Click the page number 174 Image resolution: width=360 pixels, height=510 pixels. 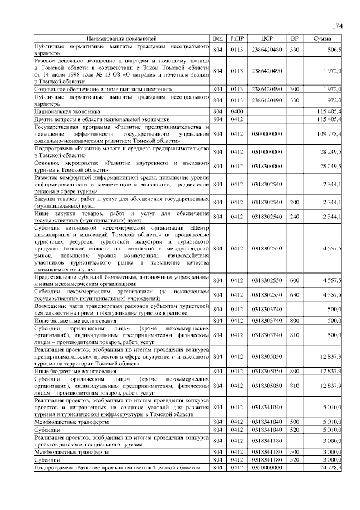click(x=337, y=26)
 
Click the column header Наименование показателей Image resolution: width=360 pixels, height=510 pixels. click(x=121, y=38)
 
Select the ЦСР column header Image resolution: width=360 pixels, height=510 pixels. click(x=267, y=38)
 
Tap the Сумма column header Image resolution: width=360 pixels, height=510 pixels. click(x=323, y=38)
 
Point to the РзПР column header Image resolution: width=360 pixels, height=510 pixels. click(x=237, y=38)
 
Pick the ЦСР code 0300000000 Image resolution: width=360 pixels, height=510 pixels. click(x=267, y=135)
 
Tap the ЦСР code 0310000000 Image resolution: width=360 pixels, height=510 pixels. click(x=267, y=152)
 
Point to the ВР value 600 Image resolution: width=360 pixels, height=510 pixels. click(x=294, y=280)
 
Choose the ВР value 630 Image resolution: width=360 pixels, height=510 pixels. click(x=294, y=294)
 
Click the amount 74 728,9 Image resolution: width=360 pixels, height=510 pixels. click(x=331, y=467)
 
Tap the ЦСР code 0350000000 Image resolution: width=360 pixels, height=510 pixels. click(x=267, y=467)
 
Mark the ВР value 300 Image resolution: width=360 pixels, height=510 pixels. click(x=294, y=89)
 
